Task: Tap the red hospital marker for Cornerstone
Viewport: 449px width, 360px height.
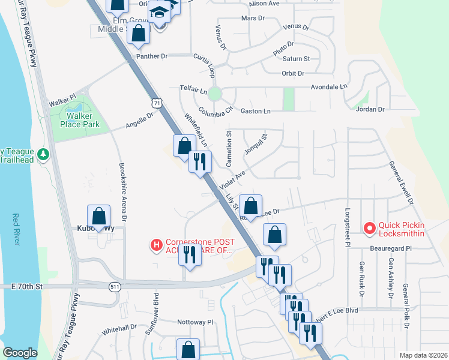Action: [156, 245]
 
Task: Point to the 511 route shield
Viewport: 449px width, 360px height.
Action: [114, 287]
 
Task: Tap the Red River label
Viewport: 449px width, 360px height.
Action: [16, 229]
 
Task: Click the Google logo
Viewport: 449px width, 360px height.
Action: [20, 353]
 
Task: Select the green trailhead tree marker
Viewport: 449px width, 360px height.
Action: [43, 155]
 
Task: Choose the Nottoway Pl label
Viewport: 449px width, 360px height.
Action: [195, 322]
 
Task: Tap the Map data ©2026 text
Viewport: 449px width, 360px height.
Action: [423, 355]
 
